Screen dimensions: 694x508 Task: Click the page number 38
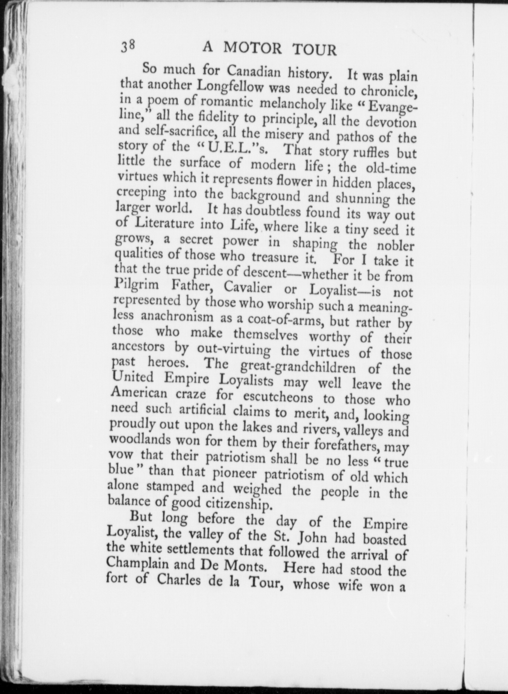[x=129, y=46]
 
